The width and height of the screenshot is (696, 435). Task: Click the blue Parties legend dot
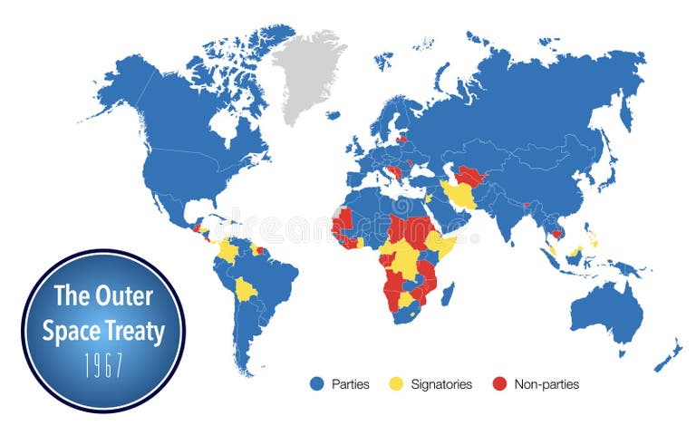[317, 384]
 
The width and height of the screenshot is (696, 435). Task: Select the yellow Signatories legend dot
[397, 384]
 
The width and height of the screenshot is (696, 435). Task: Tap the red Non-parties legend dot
[500, 384]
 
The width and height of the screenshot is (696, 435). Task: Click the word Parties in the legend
[351, 384]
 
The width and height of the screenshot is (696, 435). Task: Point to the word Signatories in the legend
[440, 384]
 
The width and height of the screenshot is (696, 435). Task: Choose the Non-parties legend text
[546, 384]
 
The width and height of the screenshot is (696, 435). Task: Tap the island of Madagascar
[447, 295]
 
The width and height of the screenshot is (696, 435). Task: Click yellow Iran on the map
[461, 195]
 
